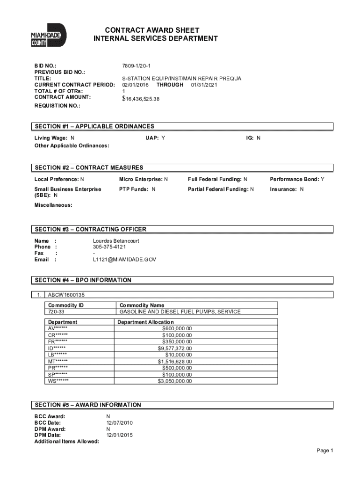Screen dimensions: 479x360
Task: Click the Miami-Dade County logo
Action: tap(49, 35)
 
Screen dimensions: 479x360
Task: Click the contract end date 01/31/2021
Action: tap(204, 85)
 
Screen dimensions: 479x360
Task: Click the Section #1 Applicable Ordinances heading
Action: tap(94, 126)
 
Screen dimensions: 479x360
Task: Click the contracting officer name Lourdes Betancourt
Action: tap(116, 240)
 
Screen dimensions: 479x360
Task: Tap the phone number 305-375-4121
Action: tap(109, 247)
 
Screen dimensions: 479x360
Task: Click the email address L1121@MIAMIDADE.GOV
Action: tap(124, 259)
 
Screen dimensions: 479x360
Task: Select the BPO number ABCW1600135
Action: tap(66, 295)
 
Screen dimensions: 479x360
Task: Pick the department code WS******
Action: tap(58, 381)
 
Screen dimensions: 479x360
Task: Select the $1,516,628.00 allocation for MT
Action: tap(174, 362)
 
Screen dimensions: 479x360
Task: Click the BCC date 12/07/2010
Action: tap(120, 422)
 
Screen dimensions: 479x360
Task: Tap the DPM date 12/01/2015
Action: tap(120, 435)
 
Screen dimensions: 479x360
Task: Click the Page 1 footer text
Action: tap(324, 450)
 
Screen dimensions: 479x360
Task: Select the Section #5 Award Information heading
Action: tap(87, 405)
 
